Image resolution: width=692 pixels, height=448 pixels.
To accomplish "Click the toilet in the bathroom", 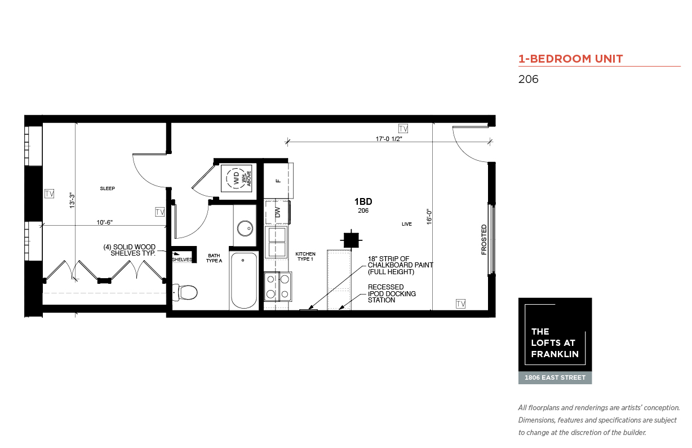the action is [x=185, y=292].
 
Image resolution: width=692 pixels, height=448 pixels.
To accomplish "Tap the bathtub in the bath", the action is [x=244, y=280].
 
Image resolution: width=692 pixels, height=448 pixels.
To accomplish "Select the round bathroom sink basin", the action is [x=245, y=229].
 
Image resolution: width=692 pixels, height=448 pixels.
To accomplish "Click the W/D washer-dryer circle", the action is [x=236, y=178].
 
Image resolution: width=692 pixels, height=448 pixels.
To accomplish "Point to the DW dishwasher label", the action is [x=277, y=212].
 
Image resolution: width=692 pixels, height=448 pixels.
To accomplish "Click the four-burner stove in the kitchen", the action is [x=278, y=287].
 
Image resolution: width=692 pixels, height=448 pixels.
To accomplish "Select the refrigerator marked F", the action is [x=278, y=181].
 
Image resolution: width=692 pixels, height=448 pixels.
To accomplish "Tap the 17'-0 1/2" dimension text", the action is [x=389, y=139].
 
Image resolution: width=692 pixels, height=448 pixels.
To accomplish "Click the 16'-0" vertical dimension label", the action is [x=429, y=217].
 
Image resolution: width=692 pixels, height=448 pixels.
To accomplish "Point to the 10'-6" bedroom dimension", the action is [x=104, y=222].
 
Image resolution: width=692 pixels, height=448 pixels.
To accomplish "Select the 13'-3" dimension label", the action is [x=72, y=200].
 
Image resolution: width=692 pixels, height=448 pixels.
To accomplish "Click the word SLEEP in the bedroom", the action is [x=107, y=188].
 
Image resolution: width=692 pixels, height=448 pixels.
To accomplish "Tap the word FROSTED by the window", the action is [x=484, y=239].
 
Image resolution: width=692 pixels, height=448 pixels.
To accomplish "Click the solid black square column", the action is [x=351, y=240].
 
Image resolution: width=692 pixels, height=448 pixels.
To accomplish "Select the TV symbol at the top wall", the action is [x=403, y=129].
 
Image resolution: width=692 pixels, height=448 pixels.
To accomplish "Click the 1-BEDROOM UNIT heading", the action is [x=570, y=59].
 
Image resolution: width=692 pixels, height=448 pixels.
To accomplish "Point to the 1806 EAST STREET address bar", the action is [x=555, y=377].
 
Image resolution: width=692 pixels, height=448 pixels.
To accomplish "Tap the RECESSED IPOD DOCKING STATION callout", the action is [x=392, y=293].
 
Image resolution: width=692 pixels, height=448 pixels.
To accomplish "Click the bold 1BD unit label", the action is [x=363, y=202].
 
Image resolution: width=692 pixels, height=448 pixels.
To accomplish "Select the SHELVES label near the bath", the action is [x=182, y=260].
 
